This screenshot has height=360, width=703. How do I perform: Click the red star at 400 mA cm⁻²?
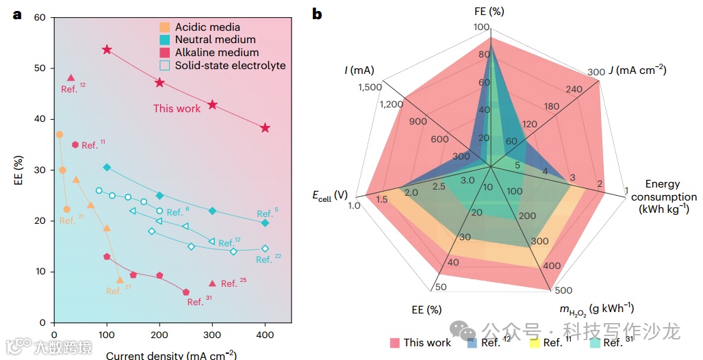pos(265,128)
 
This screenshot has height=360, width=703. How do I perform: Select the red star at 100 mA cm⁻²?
pos(107,50)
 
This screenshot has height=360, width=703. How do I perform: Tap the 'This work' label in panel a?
pos(177,108)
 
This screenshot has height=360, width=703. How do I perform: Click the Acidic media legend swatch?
pos(164,27)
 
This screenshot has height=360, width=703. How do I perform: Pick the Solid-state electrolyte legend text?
pos(230,66)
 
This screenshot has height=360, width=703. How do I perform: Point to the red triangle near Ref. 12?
pos(71,78)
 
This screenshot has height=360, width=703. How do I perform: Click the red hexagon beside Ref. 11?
pos(75,144)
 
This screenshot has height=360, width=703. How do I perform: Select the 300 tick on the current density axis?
pos(212,335)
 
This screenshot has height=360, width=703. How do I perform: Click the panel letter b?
pos(318,14)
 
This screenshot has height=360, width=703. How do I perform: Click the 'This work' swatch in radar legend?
pos(394,343)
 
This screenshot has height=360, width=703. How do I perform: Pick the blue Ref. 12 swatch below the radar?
pos(472,343)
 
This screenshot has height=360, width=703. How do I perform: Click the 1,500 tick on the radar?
pos(369,87)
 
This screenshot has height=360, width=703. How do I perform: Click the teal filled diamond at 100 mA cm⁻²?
pos(106,168)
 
